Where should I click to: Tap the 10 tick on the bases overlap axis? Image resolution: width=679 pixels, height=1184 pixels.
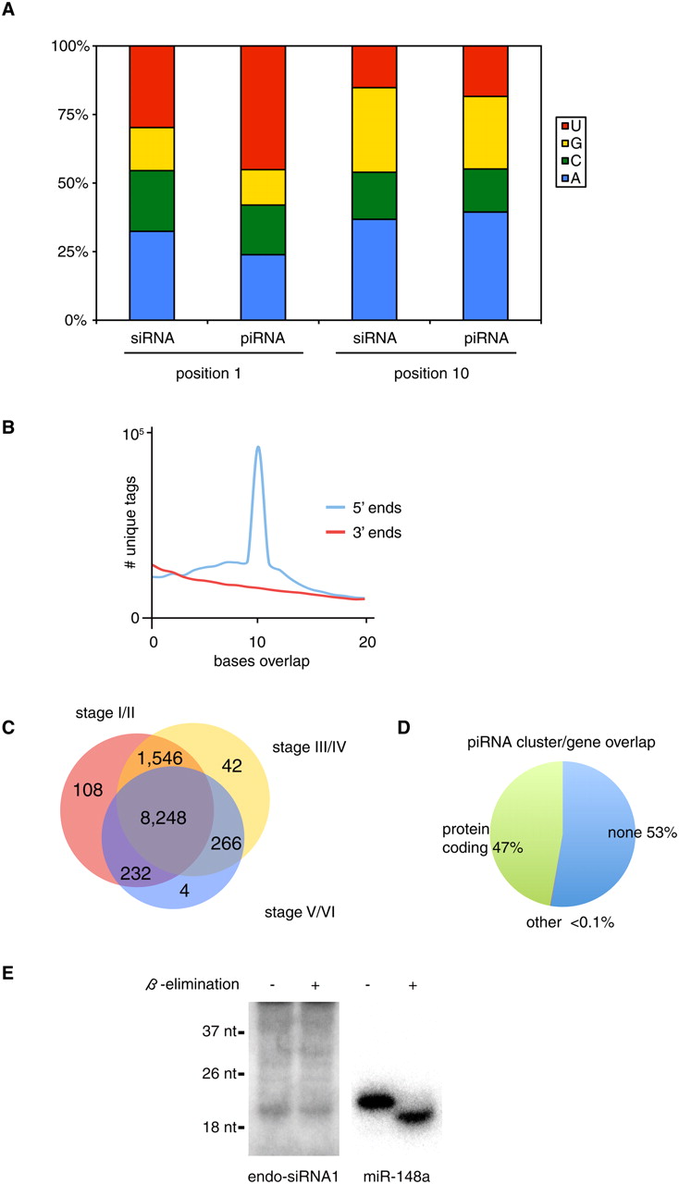(258, 638)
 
